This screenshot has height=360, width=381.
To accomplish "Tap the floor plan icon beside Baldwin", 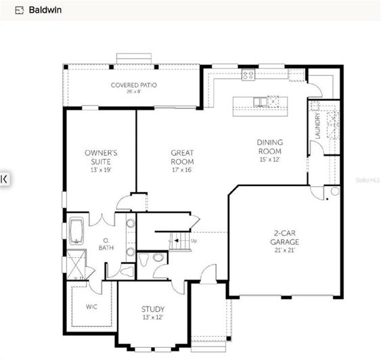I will point(18,10).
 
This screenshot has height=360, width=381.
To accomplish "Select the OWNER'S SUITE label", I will point(101,158).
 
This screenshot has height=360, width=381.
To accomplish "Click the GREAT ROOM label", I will point(182,158).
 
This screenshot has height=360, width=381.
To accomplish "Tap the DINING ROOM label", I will point(269,147).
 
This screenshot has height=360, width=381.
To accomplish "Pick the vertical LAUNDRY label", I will point(316,127).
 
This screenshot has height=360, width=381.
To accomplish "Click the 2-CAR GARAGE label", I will point(284,238).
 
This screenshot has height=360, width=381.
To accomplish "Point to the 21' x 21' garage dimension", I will point(284,250).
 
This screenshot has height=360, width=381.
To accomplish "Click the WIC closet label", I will point(91,307).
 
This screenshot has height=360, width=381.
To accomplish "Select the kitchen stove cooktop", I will point(248,74).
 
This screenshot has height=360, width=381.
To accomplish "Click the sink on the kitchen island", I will point(259,103).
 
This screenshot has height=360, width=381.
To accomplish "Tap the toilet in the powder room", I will point(158,257).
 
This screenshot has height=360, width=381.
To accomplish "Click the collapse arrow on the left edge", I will point(4,179).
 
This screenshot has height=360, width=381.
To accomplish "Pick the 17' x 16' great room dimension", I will point(182,171).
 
